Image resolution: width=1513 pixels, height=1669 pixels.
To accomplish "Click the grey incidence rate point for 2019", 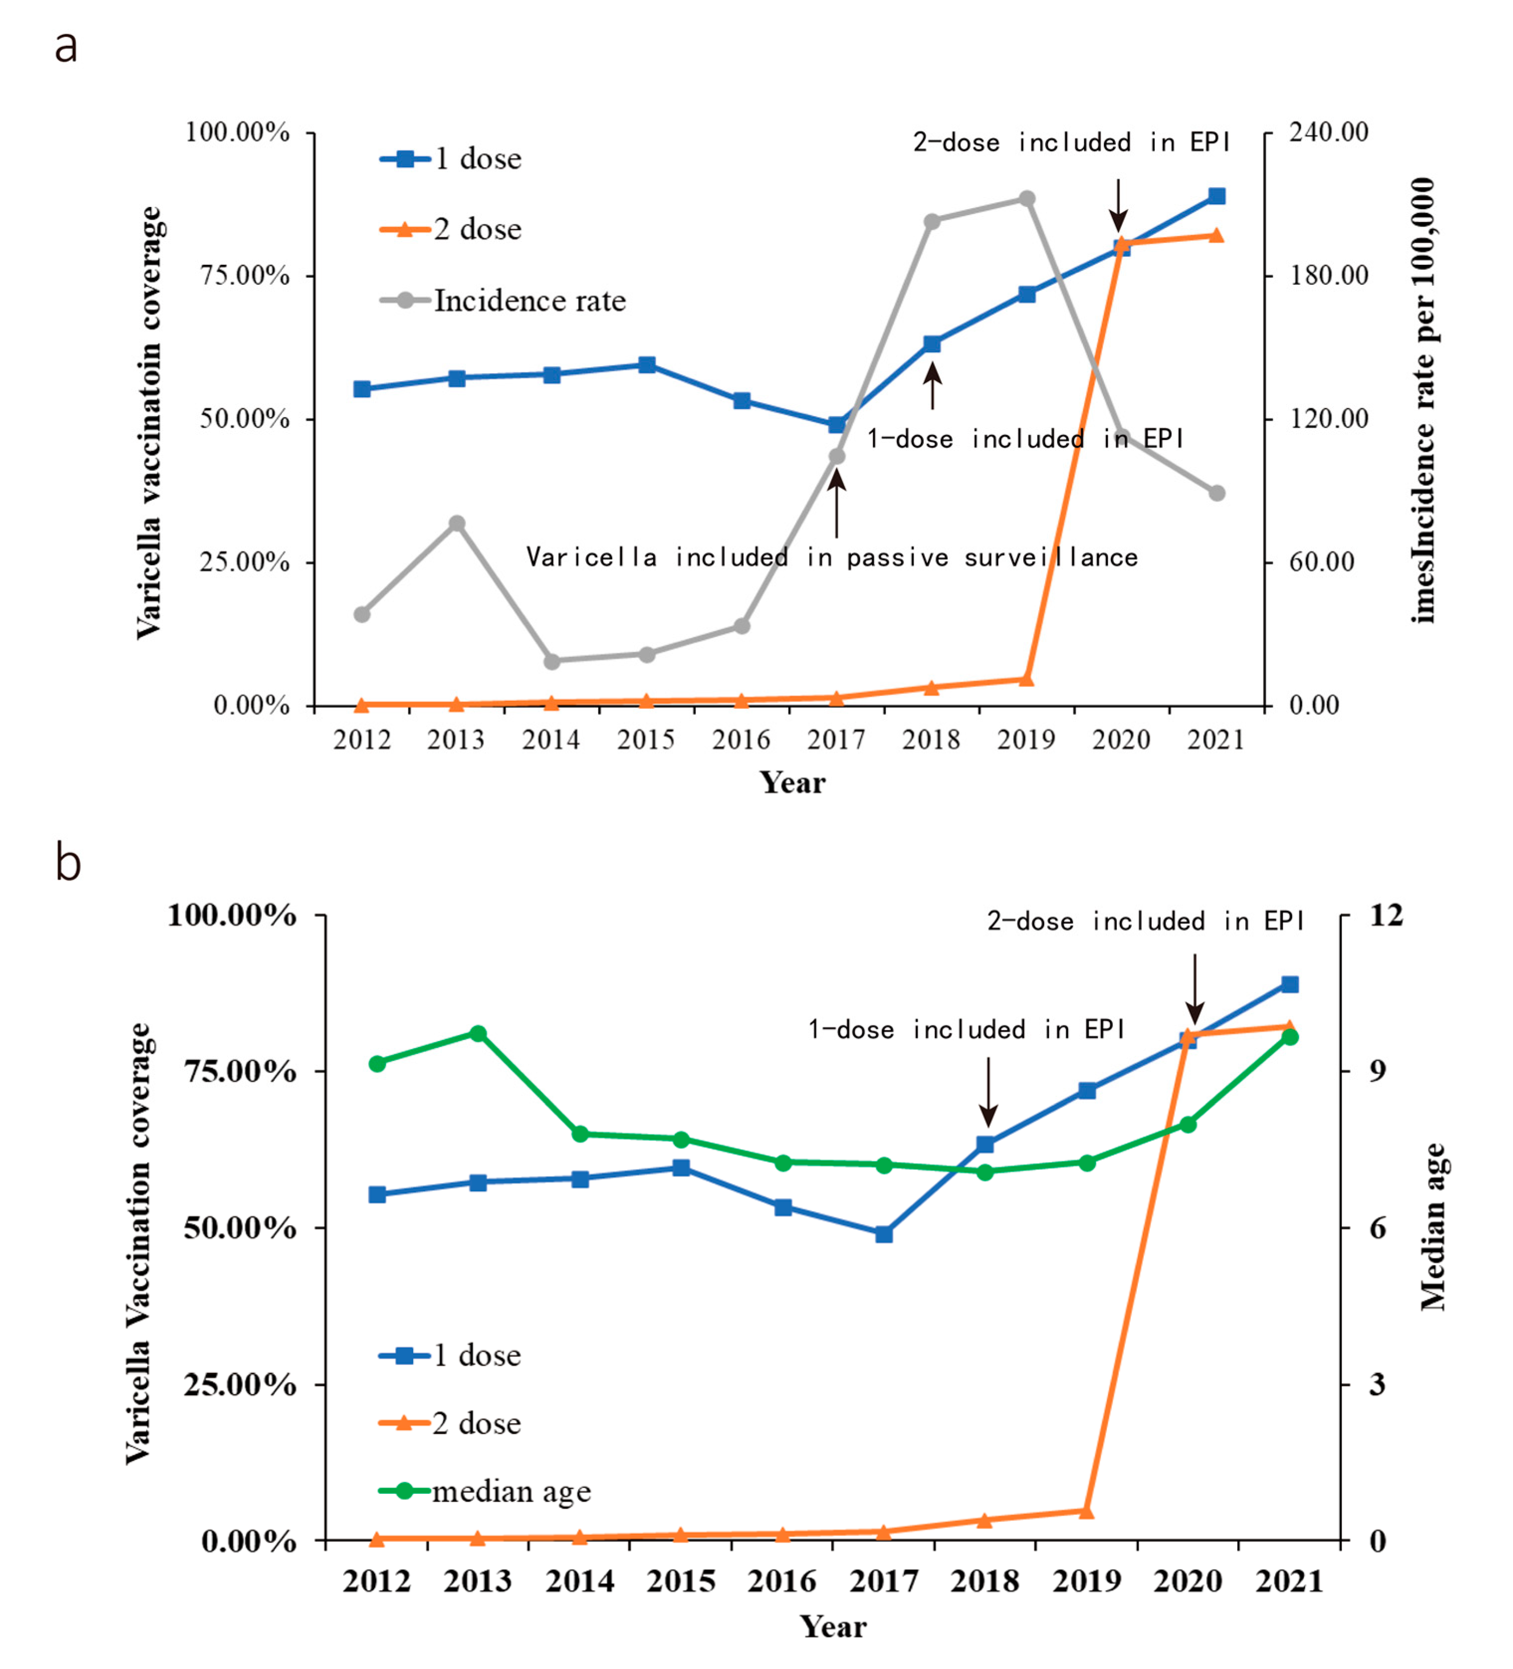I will pos(1026,199).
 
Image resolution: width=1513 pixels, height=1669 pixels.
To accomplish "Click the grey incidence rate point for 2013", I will pos(457,523).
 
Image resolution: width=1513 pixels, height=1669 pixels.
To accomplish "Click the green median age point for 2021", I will pos(1290,1037).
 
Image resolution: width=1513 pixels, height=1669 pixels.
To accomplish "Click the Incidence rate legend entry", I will pos(530,301).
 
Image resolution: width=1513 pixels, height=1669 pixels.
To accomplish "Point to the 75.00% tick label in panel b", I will pos(240,1071).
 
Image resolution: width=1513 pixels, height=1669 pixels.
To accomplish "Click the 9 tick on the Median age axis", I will pos(1377,1071).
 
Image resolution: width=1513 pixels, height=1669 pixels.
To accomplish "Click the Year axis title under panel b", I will pos(833,1627).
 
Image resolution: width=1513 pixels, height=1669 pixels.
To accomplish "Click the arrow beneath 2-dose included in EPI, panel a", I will pos(1118,205).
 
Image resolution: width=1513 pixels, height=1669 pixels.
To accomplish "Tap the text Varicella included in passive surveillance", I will pos(832,557).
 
